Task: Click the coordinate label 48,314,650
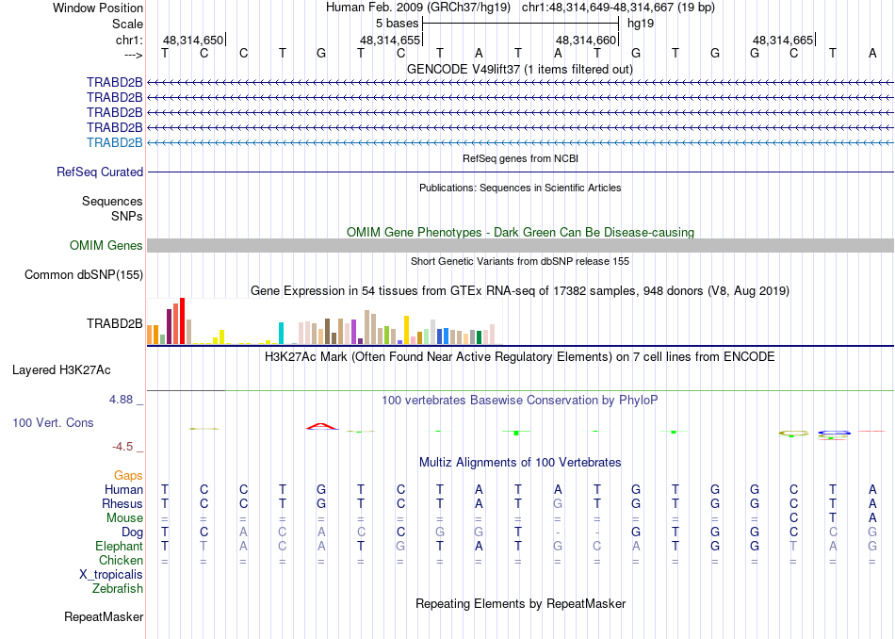click(193, 41)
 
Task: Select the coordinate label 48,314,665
click(783, 41)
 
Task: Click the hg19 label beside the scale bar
click(641, 23)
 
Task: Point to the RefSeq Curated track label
click(100, 172)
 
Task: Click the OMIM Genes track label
click(106, 245)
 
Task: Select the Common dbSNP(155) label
click(85, 274)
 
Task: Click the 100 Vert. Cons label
click(53, 423)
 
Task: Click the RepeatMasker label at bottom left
click(104, 617)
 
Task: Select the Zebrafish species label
click(118, 588)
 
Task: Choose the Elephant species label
click(119, 546)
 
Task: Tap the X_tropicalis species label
click(111, 574)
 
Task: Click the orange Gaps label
click(128, 476)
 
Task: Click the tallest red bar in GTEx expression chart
click(182, 321)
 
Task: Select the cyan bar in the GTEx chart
click(281, 334)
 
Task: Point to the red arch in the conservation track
click(321, 426)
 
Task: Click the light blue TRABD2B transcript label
click(114, 142)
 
